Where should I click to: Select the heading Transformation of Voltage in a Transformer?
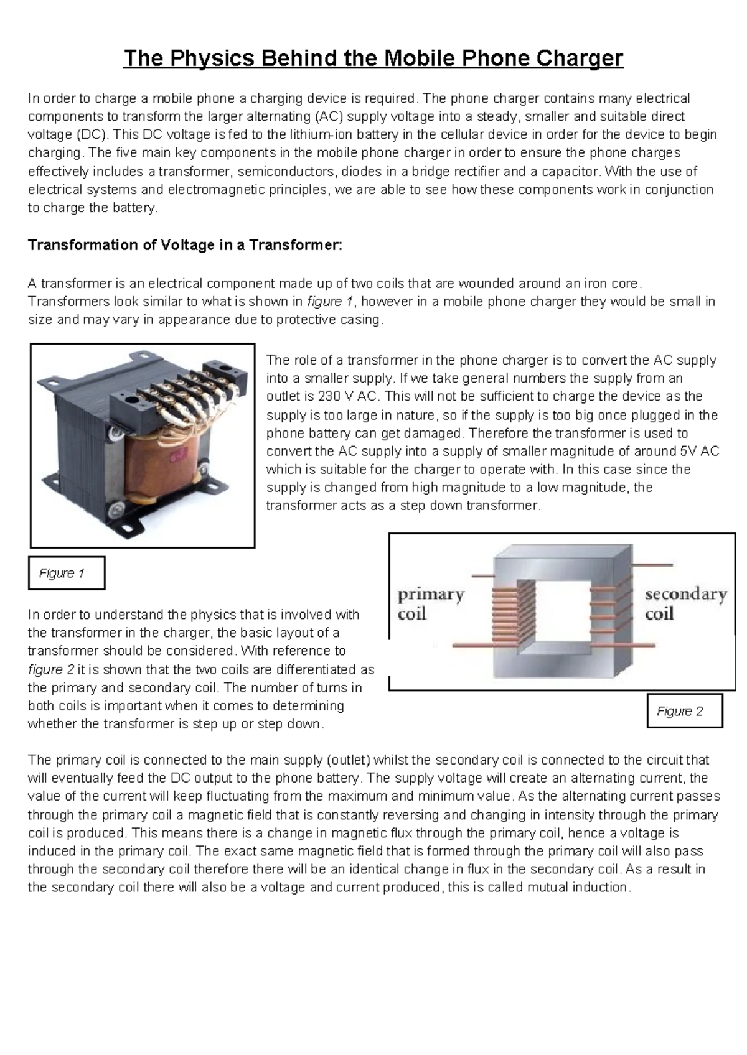point(185,245)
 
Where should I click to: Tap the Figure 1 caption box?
point(66,573)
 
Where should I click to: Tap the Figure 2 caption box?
point(684,711)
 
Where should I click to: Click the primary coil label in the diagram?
point(431,604)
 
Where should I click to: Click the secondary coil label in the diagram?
point(685,603)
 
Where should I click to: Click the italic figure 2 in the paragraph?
point(51,669)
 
